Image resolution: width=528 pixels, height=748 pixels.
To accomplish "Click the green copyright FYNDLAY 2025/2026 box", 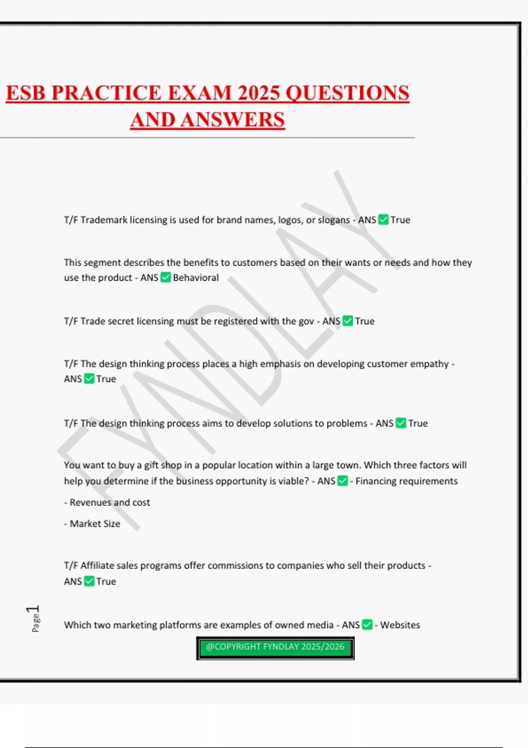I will point(275,648).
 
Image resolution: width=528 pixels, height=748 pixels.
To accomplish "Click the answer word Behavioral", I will point(196,278).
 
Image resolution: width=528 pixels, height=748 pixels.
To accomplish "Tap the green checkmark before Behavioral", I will point(165,278).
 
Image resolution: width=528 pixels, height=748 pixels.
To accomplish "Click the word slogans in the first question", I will point(332,220).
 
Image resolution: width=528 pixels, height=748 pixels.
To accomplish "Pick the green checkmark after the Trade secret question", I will point(348,321).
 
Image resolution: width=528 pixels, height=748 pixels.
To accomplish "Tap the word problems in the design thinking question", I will point(345,423).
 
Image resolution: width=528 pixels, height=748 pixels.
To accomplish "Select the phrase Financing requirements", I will point(407,481).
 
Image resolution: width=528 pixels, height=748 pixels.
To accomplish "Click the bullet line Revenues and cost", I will point(110,502).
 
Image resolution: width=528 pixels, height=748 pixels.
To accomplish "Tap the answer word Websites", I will point(400,625).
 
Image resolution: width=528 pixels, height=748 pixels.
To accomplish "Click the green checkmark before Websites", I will point(367,625).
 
